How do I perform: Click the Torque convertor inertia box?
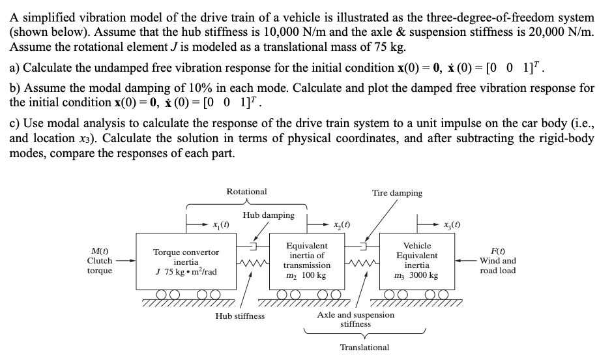click(186, 261)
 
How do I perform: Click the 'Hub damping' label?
click(268, 215)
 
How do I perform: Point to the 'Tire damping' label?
click(397, 193)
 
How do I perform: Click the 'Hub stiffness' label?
click(240, 316)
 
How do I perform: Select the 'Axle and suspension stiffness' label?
click(355, 319)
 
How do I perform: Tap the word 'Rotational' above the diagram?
click(246, 192)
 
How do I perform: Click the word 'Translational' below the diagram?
click(364, 348)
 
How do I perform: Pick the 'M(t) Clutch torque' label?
click(99, 261)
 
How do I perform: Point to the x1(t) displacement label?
click(220, 225)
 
